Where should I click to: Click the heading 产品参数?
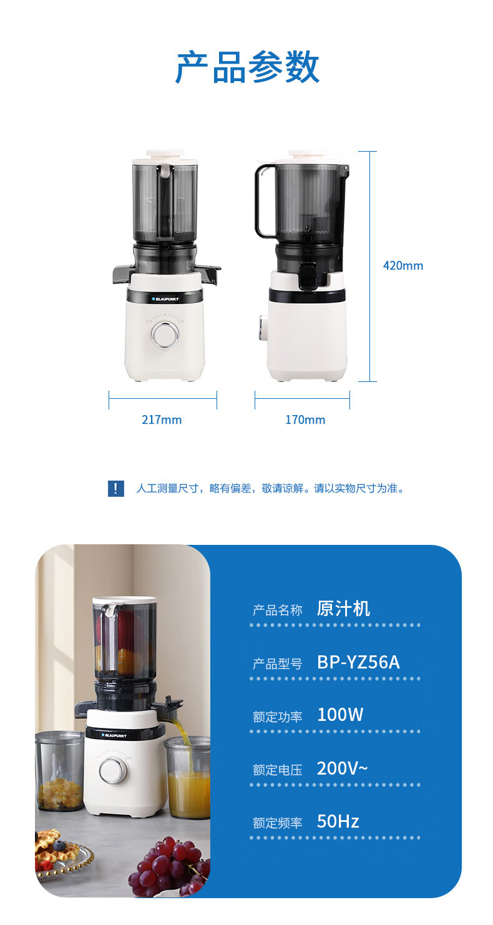click(x=247, y=67)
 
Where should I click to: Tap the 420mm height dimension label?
click(x=403, y=265)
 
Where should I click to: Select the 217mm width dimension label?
click(x=162, y=419)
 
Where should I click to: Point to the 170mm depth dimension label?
click(x=305, y=419)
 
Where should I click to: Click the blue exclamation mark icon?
click(x=116, y=489)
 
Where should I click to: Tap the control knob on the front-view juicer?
click(x=165, y=334)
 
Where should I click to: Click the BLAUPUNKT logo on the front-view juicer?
click(x=165, y=299)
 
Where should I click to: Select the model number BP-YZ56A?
click(x=358, y=662)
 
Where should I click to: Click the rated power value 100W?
click(x=340, y=715)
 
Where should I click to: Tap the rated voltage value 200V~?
click(x=343, y=768)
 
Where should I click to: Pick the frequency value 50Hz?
click(x=338, y=821)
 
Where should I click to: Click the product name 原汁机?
click(x=343, y=609)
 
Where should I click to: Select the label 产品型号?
click(x=278, y=663)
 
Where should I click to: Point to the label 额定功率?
click(x=278, y=717)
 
